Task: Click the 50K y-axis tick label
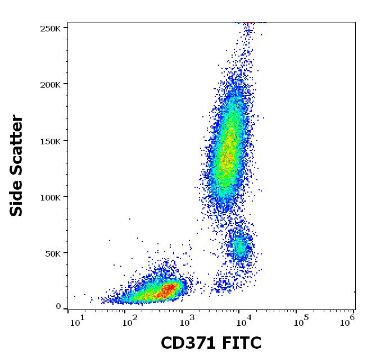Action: coord(54,253)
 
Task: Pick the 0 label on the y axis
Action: coord(58,307)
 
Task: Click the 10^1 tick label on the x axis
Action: coord(78,321)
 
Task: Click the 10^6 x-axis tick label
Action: coord(349,321)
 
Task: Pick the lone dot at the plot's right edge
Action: coord(354,291)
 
